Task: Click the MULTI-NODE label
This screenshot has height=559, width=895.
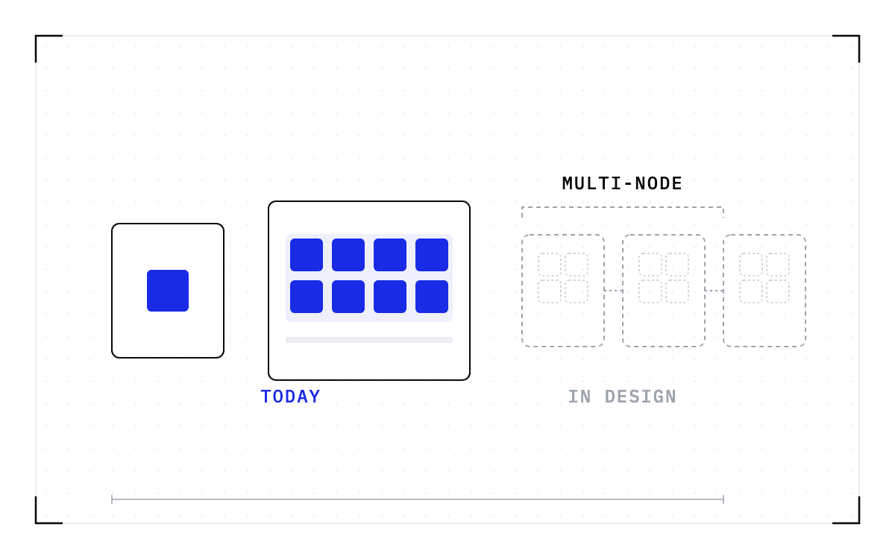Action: (622, 183)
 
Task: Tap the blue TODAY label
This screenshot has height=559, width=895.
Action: (290, 397)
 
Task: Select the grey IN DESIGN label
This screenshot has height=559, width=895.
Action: (622, 397)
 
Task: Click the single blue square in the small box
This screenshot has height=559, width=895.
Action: (168, 291)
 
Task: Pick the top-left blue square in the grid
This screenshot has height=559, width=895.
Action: (307, 255)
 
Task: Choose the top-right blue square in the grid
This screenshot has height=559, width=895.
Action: (432, 255)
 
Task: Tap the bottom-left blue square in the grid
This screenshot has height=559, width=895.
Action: (307, 297)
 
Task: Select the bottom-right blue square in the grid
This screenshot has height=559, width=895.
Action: (432, 297)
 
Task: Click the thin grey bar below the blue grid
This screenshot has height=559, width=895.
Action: (369, 340)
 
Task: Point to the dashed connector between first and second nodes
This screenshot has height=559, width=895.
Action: (613, 291)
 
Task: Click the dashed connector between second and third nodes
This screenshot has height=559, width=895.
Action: (714, 291)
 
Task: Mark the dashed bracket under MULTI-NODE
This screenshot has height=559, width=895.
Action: (623, 207)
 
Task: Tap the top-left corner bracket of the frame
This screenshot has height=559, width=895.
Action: (37, 37)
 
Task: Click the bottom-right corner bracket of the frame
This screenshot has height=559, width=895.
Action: (858, 522)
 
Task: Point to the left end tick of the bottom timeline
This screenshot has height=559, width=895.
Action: (112, 499)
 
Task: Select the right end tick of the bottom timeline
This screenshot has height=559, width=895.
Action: (723, 499)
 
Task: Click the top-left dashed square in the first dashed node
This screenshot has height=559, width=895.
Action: (550, 265)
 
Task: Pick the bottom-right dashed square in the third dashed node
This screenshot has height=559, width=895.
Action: (778, 291)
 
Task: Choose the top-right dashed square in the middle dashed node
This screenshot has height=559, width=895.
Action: (677, 265)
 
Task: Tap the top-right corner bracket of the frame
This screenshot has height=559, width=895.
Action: (858, 37)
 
